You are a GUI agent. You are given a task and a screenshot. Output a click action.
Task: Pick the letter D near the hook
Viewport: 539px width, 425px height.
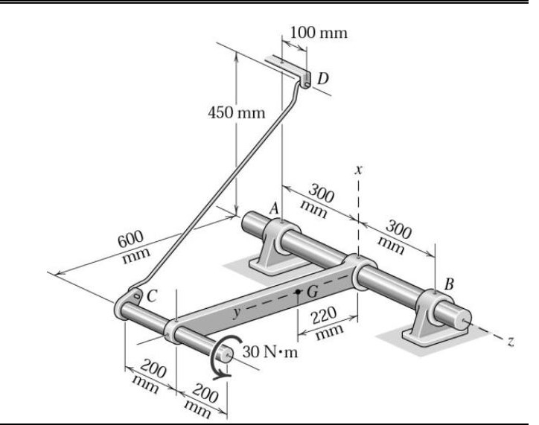(x=322, y=77)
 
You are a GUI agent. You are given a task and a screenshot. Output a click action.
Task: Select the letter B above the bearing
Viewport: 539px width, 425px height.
(x=448, y=283)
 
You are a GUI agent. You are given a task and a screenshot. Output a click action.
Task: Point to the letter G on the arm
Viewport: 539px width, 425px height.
(x=312, y=291)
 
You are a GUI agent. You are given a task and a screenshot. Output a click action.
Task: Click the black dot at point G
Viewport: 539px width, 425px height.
(x=297, y=292)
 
